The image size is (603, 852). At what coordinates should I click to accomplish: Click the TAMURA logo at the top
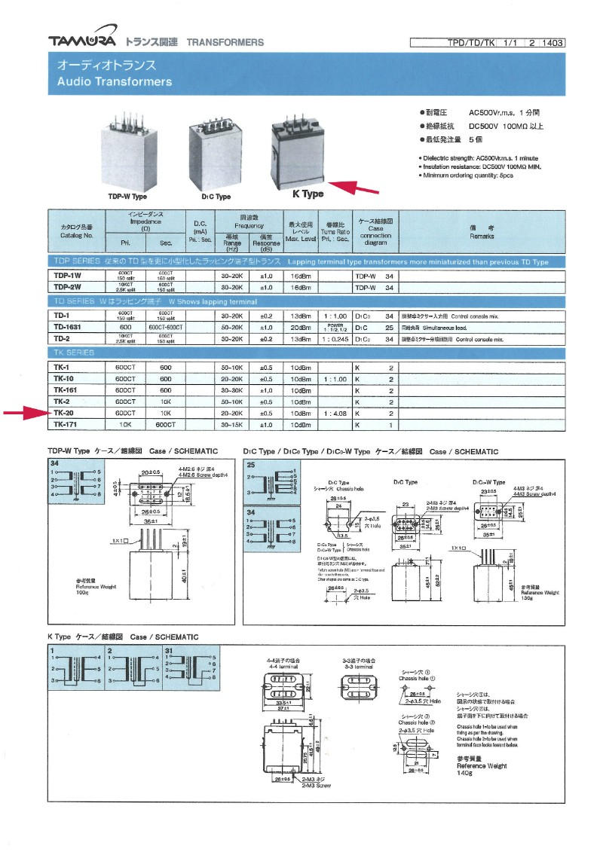[82, 41]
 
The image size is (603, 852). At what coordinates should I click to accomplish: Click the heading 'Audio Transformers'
[115, 81]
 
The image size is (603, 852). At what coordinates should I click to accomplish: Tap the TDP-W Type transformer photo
[133, 154]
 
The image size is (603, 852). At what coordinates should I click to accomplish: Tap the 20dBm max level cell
[301, 327]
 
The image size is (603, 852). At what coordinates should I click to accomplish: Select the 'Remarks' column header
[481, 232]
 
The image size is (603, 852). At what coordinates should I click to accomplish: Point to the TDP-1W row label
[67, 276]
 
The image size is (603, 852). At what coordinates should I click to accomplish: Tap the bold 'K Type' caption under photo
[308, 194]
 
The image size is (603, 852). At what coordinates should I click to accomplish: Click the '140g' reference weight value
[466, 773]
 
